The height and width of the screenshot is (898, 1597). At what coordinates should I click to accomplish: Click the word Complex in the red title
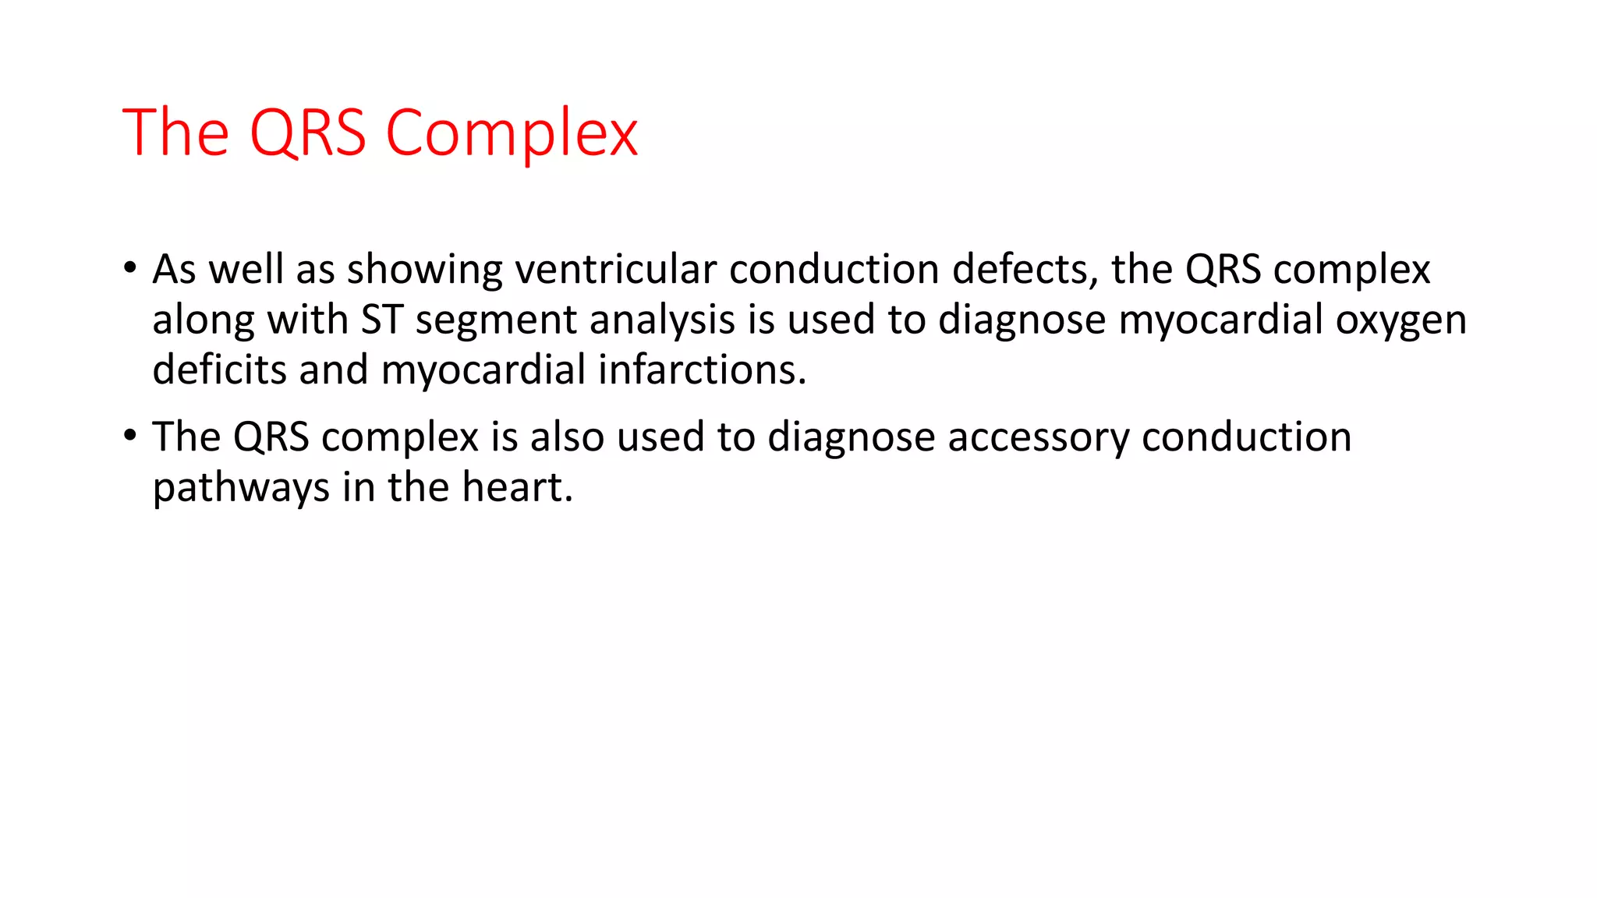pos(512,133)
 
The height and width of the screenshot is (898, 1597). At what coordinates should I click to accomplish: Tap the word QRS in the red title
pos(307,133)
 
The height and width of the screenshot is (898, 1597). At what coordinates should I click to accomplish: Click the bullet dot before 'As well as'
pos(129,267)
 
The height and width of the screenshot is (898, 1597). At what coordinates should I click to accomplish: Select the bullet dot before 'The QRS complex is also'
pos(129,435)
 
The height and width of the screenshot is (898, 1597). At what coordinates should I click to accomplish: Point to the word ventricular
pos(615,269)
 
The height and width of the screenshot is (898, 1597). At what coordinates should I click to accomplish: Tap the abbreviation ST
pos(381,320)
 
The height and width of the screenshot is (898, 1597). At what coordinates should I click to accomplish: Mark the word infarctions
pos(701,369)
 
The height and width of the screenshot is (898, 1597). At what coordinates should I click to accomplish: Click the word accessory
pos(1038,437)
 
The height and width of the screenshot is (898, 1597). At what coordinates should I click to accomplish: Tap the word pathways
pos(241,488)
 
